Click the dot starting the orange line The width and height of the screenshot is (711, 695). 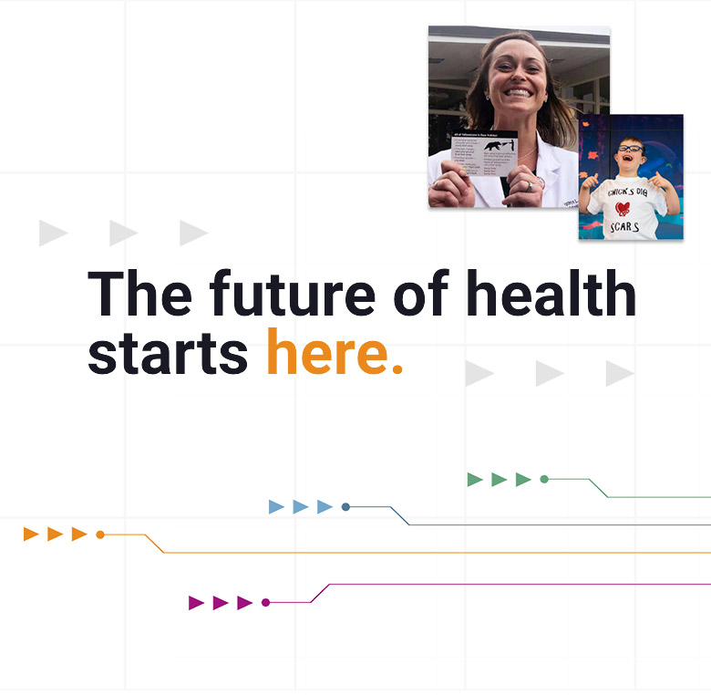coord(100,534)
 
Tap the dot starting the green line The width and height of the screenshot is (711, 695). coord(544,479)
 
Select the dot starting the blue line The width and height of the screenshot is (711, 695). coord(345,506)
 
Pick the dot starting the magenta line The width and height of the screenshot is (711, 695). coord(265,602)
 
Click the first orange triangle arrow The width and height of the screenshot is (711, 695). coord(31,534)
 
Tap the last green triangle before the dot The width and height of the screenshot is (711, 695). coord(523,479)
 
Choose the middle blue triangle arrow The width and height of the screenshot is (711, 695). coord(300,506)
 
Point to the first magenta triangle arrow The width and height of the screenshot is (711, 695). coord(196,602)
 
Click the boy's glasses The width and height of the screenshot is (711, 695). coord(630,149)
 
